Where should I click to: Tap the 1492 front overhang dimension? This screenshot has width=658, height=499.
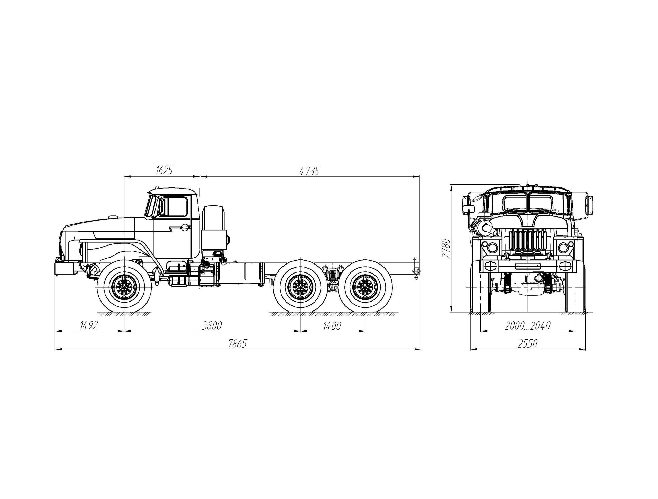tap(89, 326)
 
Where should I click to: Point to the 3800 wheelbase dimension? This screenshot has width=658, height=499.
tap(212, 326)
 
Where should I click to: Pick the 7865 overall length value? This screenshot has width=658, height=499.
tap(237, 344)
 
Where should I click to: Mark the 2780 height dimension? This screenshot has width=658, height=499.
tap(446, 248)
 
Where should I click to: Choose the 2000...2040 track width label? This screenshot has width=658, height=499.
tap(527, 326)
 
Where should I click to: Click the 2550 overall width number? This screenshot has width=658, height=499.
tap(527, 344)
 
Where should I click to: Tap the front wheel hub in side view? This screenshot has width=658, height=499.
tap(124, 288)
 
